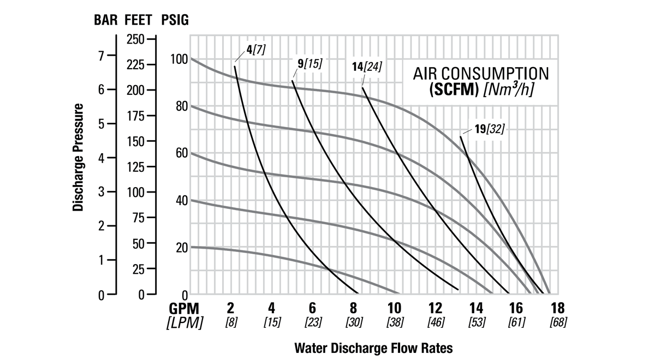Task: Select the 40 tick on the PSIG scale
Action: [x=182, y=201]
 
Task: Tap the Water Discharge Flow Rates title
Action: [x=374, y=347]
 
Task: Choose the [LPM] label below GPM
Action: [x=184, y=322]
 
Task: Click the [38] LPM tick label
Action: [x=394, y=322]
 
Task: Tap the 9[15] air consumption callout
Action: [x=309, y=63]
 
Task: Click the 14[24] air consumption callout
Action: [x=367, y=67]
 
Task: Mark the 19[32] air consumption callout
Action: [x=489, y=129]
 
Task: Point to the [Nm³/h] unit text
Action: [x=508, y=89]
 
